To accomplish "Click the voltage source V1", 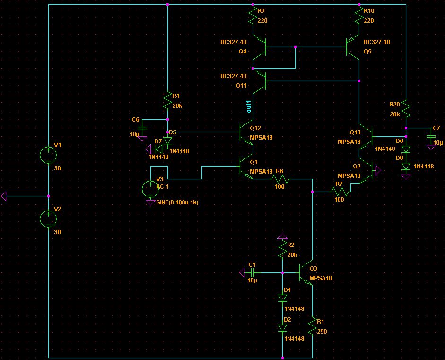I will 48,155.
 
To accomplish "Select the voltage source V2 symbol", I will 48,219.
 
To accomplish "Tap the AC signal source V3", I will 150,189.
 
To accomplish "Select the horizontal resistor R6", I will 279,179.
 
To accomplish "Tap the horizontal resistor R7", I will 340,192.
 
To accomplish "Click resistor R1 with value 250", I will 313,327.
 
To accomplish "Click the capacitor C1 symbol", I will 253,273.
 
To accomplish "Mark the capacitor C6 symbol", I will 141,128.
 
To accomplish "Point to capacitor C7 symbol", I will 431,137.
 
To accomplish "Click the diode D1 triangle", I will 282,299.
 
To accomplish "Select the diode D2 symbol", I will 282,328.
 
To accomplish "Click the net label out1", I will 249,106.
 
